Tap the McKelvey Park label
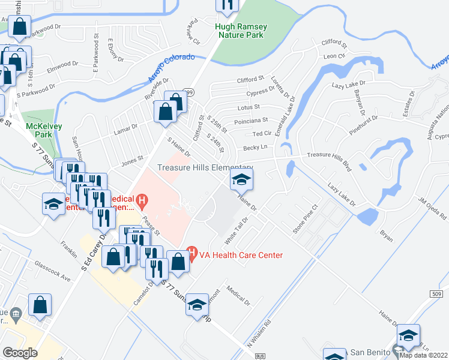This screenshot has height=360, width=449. [x=40, y=131]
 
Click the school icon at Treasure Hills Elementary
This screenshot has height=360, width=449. [x=241, y=179]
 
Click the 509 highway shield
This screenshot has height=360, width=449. [x=437, y=293]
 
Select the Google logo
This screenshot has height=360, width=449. [x=20, y=352]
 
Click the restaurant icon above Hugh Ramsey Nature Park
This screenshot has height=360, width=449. [x=227, y=5]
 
